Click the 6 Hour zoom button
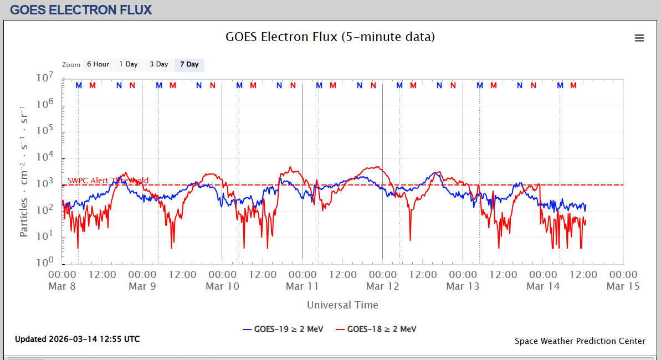click(x=98, y=65)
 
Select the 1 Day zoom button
click(x=129, y=65)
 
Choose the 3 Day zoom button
click(x=158, y=65)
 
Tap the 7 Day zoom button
click(x=189, y=65)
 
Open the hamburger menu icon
click(x=639, y=38)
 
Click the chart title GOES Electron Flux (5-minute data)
click(x=330, y=37)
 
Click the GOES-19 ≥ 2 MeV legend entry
click(x=283, y=329)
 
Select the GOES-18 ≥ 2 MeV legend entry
click(x=376, y=329)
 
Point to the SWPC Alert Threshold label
click(x=108, y=181)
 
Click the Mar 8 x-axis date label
click(x=62, y=286)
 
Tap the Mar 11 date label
click(x=302, y=286)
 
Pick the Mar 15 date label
click(x=623, y=286)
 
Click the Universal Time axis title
click(x=342, y=305)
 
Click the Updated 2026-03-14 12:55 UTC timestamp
click(x=78, y=339)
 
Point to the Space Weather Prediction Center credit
click(x=580, y=341)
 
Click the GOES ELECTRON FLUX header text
click(x=81, y=10)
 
